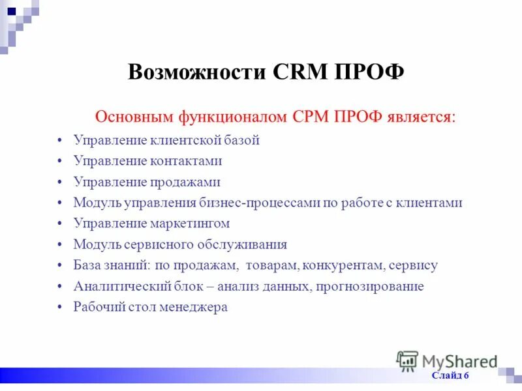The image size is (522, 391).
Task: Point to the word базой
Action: (242, 140)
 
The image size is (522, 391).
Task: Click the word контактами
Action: (190, 161)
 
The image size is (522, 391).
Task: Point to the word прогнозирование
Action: (370, 286)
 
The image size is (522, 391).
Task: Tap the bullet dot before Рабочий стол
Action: (59, 307)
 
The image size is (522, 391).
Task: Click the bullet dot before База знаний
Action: (59, 265)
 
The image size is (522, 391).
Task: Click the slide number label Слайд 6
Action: (450, 376)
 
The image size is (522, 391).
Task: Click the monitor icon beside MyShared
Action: (408, 361)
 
